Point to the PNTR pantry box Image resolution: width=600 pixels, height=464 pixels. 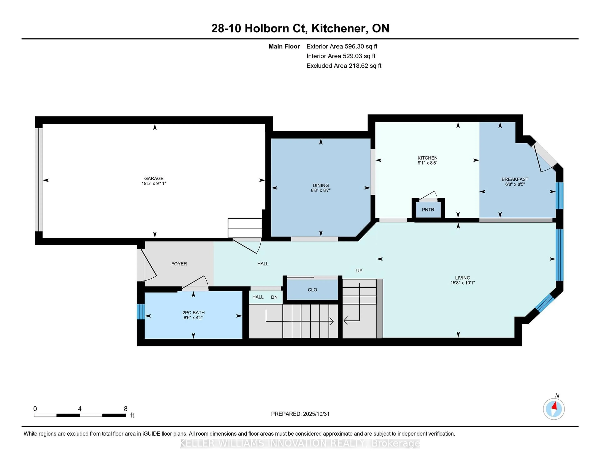(428, 210)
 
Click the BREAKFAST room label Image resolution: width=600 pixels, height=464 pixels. (515, 179)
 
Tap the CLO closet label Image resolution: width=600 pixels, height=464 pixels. (312, 290)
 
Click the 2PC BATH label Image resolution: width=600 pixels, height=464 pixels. (193, 313)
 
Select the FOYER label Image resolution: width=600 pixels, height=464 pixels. (179, 264)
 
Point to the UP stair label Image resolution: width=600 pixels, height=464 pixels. (359, 271)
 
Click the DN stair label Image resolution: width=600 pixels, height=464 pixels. (274, 297)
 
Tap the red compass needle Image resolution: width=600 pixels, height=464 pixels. (554, 406)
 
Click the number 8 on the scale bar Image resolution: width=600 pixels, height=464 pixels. (126, 409)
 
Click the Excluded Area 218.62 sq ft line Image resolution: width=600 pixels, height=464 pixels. (344, 66)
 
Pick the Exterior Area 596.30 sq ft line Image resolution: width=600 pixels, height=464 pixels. (342, 46)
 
